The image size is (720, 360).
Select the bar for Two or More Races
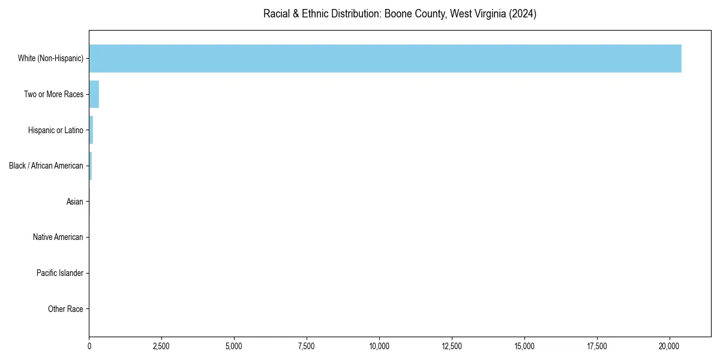[94, 94]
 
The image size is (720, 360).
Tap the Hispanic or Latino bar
[91, 130]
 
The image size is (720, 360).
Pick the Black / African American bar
[91, 166]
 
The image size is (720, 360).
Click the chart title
[400, 14]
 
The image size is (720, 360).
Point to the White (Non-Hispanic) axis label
[50, 58]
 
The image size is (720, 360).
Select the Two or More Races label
[53, 94]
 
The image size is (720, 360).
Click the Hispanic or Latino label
[55, 130]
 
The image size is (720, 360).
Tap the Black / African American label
[46, 166]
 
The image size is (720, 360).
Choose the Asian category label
[74, 202]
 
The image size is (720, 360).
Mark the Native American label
[58, 237]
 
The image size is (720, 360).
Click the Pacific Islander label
[59, 273]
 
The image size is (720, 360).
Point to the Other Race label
[65, 309]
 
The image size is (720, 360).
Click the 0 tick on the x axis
[89, 346]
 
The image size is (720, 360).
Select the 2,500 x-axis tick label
[161, 346]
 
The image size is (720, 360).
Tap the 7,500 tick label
[307, 346]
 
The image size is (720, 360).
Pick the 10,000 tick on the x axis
[379, 346]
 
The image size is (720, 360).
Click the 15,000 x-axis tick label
[524, 346]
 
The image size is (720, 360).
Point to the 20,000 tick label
[670, 346]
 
